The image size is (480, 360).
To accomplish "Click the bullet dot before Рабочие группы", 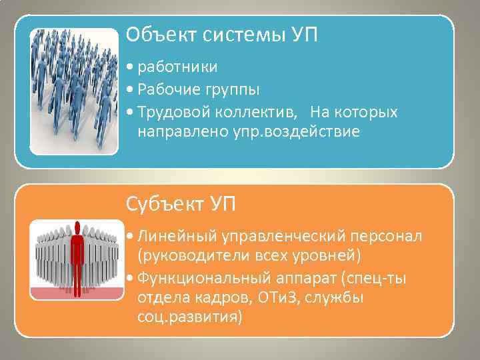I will (x=128, y=90).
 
